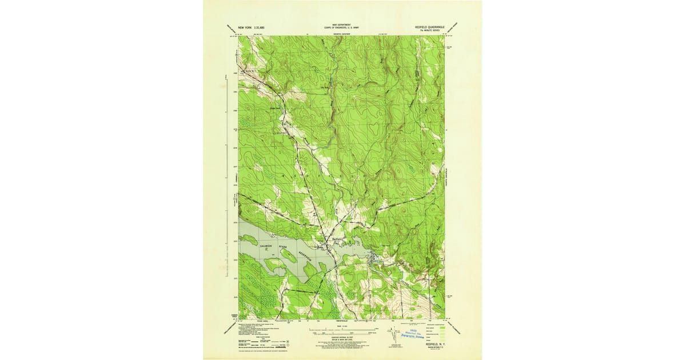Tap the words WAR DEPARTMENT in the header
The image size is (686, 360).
tap(342, 25)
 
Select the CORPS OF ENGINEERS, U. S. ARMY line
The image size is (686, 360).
tap(342, 27)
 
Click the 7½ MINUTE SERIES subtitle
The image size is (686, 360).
tap(432, 30)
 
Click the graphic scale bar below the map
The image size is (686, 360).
tap(342, 331)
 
